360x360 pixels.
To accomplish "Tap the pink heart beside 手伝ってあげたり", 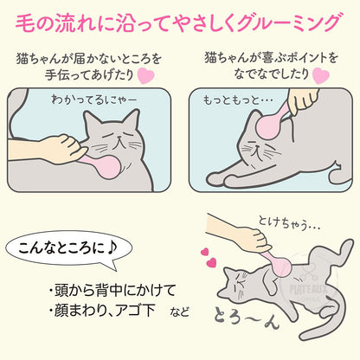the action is coord(145,75).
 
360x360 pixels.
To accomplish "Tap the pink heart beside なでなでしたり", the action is coord(321,75).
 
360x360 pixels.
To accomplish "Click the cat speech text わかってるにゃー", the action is coord(94,100).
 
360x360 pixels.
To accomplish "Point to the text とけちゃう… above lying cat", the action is coord(289,223).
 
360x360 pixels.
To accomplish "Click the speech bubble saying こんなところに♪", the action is coord(68,249).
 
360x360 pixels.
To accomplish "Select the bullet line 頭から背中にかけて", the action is coord(112,290).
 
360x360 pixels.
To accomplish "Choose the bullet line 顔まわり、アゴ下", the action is coord(102,311).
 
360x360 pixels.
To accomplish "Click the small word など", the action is coord(179,312).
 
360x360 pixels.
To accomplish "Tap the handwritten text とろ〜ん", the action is coord(247,318).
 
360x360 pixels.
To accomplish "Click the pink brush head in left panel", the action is coord(108,167).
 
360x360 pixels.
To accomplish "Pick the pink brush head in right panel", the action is coord(268,127).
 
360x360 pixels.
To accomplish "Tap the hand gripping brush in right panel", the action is coord(303,102).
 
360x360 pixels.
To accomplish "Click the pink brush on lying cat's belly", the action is coord(280,265).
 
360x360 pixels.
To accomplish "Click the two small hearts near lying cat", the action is coord(209,257).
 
